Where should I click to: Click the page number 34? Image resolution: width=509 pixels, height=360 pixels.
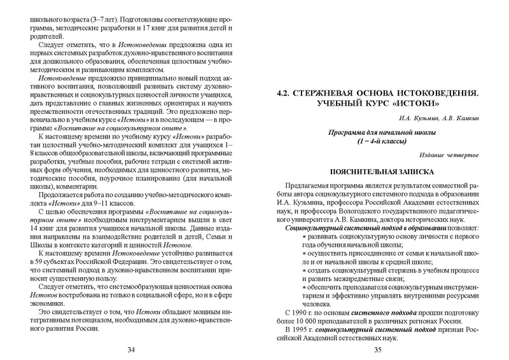(131, 349)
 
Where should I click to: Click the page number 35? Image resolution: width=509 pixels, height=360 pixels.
(377, 349)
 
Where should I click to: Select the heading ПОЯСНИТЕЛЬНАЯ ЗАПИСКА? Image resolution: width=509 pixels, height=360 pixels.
(377, 172)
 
